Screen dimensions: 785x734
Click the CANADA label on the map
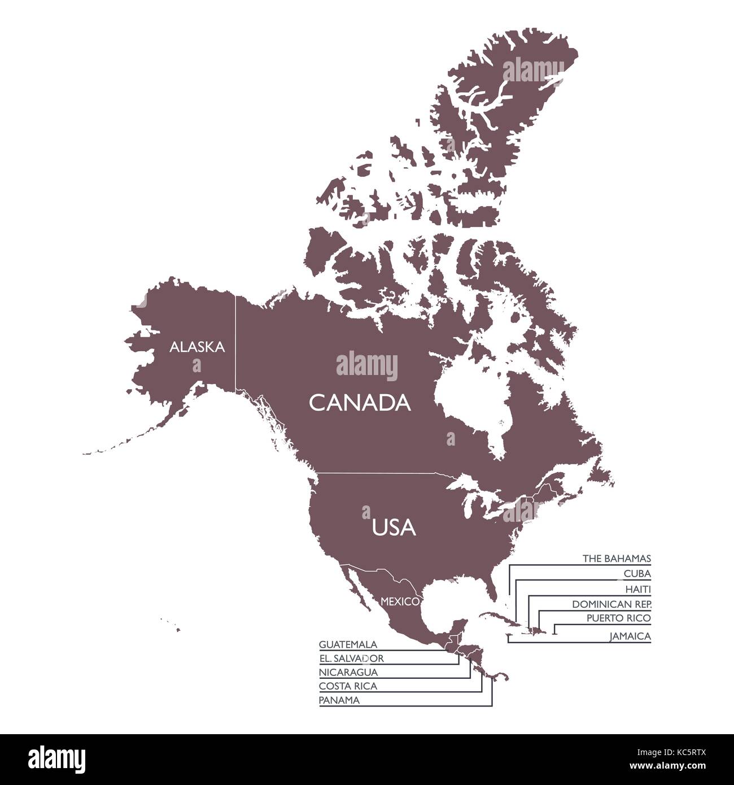coord(360,403)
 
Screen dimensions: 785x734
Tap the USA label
coord(394,527)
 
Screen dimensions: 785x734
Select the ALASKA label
coord(197,347)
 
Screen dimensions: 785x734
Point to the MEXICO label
coord(400,601)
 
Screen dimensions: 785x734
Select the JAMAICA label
coord(630,636)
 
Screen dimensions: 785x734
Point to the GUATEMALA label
coord(348,644)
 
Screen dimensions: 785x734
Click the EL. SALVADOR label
coord(351,658)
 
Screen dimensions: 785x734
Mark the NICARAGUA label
coord(348,672)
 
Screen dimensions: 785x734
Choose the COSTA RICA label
coord(348,686)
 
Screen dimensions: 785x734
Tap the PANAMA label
coord(339,700)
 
